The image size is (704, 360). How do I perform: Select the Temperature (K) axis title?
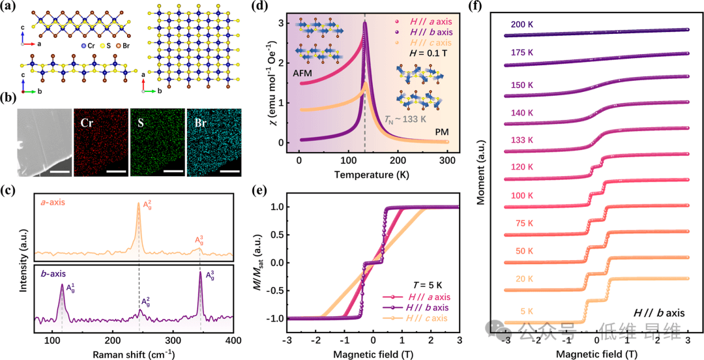coord(372,175)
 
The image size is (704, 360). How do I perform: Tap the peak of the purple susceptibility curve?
coord(364,23)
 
